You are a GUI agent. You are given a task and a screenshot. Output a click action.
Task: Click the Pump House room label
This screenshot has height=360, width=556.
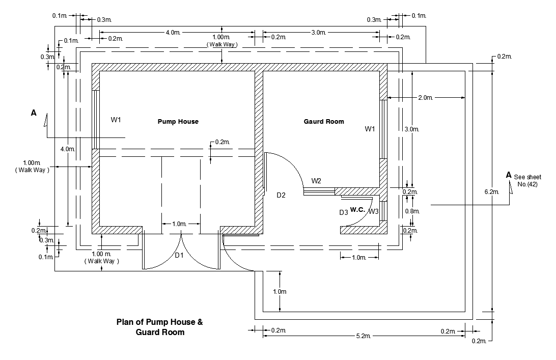coord(178,122)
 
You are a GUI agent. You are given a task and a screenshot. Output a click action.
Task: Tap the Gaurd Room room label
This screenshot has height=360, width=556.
coord(324,122)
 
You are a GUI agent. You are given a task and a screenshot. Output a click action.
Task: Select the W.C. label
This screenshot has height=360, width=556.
coord(357,209)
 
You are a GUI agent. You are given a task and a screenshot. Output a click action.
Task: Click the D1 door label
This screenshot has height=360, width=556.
coord(179,255)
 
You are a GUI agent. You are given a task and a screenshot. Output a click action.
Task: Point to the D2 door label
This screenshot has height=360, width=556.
coord(281,195)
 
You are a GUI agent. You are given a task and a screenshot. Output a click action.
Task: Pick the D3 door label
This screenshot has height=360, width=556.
coord(344,212)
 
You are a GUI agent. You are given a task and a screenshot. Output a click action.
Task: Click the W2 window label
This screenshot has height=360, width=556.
coord(316,181)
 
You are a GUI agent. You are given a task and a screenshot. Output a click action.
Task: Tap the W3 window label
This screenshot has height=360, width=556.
coord(374,211)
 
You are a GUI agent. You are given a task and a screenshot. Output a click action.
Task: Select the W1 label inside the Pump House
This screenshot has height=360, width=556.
coord(117,120)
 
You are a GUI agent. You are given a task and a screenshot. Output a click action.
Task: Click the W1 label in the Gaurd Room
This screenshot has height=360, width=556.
coord(370,129)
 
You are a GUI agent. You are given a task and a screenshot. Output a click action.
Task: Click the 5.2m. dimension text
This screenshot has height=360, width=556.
coord(363,336)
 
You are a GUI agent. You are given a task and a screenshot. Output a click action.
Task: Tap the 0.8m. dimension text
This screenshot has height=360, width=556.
coord(411,211)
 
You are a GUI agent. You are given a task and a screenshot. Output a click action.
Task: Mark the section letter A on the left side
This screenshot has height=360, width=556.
coord(34,113)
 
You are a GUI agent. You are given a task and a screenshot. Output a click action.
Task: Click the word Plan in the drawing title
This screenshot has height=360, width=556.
coord(124,322)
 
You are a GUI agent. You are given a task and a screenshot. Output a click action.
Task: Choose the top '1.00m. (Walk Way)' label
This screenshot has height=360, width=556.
coord(221,41)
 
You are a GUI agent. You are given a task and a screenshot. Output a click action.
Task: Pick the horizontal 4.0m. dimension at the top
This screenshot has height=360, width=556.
coord(173,33)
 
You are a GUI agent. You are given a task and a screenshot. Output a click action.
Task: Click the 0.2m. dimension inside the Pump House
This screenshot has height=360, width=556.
coord(223,142)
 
